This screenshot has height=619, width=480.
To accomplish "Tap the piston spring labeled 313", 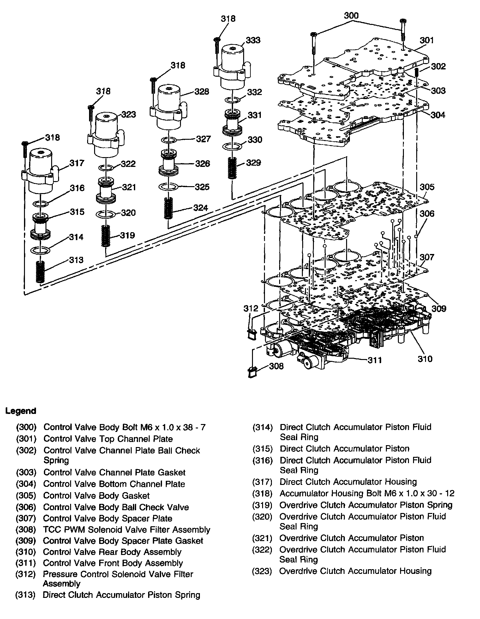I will [39, 267].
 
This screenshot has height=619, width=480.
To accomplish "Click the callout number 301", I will [427, 40].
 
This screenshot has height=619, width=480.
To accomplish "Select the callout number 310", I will [425, 359].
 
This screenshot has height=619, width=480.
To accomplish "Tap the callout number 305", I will [427, 187].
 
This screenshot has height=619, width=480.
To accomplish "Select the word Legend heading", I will [21, 411].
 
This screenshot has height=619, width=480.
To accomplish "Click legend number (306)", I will [26, 507].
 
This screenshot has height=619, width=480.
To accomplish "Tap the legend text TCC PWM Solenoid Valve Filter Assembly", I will [127, 529].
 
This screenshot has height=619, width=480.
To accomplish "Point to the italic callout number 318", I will [104, 91].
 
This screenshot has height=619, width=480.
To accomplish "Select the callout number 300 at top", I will [351, 15].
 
